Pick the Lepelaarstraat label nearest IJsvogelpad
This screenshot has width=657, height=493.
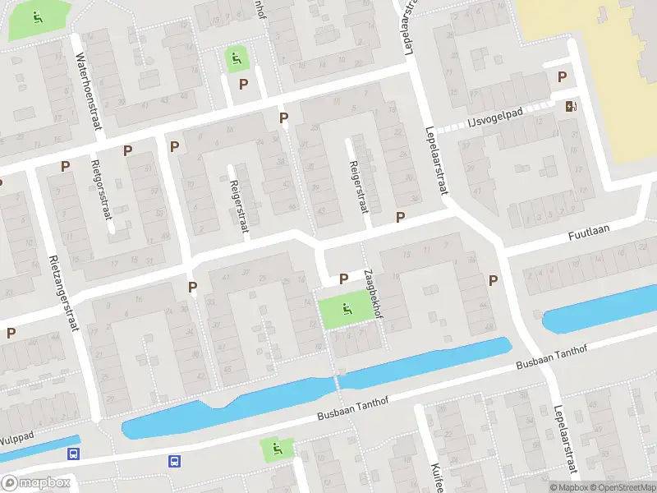coord(437,160)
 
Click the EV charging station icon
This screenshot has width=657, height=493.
coord(571,106)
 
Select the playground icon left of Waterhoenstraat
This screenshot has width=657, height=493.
coord(37,16)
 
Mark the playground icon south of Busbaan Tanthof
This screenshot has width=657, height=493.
coord(276,449)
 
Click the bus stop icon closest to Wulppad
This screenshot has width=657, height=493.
coord(74,454)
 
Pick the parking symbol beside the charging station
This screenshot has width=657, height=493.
coord(563,77)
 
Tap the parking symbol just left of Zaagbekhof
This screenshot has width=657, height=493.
coord(343,279)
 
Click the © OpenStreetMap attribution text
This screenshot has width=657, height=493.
coord(622,487)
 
